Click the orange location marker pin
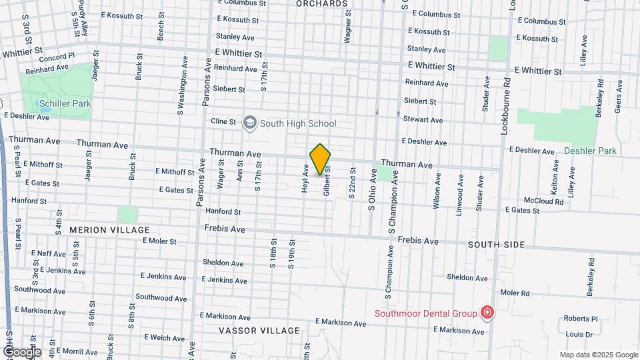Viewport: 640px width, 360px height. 321,159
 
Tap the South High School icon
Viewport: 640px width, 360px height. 250,123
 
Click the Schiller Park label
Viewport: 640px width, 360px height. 65,103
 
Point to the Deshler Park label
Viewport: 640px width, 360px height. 590,151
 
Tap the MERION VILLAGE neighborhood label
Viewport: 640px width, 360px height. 109,230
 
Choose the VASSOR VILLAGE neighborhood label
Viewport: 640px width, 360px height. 259,331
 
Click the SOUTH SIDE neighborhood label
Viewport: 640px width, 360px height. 496,245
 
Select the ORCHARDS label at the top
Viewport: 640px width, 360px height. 323,4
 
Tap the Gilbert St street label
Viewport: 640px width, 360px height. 327,181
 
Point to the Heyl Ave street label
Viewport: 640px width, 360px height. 305,178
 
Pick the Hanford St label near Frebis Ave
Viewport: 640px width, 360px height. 223,211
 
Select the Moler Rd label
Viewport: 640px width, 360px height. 515,293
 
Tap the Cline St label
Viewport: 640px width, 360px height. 223,121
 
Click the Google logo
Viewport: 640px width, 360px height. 21,352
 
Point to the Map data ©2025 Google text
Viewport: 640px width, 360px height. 599,355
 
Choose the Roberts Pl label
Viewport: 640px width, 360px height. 581,319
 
